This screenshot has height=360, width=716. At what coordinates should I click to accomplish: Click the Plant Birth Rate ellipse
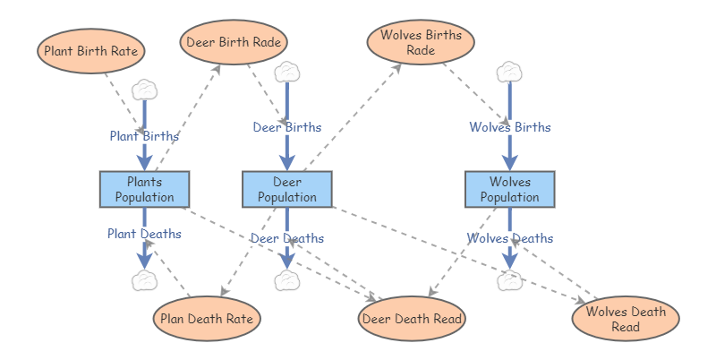point(90,51)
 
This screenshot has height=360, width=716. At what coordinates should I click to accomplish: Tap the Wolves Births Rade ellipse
point(421,42)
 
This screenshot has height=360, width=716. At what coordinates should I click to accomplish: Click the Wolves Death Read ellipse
point(626,319)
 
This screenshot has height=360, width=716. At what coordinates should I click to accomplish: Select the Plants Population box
point(144,189)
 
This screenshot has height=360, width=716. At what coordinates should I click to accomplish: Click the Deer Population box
point(287,189)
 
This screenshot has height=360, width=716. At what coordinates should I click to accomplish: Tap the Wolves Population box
point(510,189)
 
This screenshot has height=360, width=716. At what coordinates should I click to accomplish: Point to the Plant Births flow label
point(144,136)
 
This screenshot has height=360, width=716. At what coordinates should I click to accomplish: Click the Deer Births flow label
point(287,127)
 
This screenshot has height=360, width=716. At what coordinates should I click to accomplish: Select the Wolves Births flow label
point(510,127)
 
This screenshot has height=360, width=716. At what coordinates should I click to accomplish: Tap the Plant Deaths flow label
point(144,234)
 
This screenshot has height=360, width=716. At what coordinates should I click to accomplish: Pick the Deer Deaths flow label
point(287,238)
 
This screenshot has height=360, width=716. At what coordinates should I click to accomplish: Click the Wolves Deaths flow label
point(510,238)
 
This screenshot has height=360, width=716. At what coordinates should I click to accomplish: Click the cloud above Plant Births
point(144,90)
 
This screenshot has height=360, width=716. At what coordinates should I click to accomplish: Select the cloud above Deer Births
point(287,72)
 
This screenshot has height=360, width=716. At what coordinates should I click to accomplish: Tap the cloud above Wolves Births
point(510,72)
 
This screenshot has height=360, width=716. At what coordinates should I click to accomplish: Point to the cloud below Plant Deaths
point(144,280)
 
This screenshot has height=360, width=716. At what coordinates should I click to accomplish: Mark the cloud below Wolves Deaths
point(510,280)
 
